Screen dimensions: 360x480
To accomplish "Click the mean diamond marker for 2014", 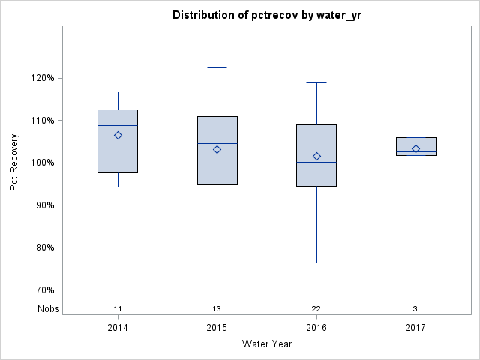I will tap(118, 135).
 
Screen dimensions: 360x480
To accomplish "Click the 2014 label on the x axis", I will tap(118, 328).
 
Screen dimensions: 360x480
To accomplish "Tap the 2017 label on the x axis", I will tap(415, 328).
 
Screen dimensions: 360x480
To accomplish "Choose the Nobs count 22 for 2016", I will tap(316, 309).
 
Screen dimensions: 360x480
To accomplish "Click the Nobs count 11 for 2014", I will tap(118, 309).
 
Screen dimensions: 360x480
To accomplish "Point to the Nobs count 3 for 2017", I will tap(415, 309).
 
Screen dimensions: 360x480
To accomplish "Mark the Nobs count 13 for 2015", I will tap(217, 309).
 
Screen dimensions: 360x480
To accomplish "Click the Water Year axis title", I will tap(267, 344).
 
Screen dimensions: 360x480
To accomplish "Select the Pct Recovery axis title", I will tap(15, 163).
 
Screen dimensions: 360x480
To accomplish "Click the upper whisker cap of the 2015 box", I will tap(217, 67).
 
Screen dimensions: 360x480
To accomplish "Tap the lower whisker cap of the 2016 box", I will tap(316, 262).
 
